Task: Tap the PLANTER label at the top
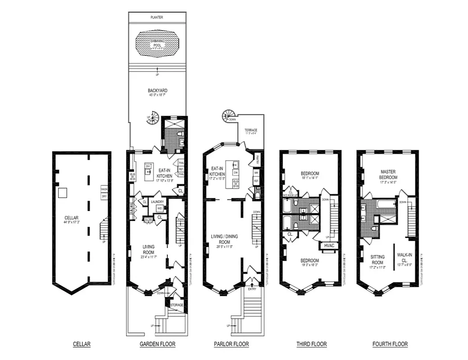tap(157, 17)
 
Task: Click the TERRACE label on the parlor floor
tap(251, 130)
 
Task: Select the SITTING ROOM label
tap(377, 259)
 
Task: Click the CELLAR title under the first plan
tap(82, 344)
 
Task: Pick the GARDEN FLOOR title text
tap(157, 344)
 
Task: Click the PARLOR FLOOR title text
tap(231, 344)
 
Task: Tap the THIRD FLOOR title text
tap(311, 344)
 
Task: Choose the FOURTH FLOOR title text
tap(390, 344)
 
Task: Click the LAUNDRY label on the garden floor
tap(157, 202)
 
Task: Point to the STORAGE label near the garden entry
tap(176, 305)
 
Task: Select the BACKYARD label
tap(157, 90)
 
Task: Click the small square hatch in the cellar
tap(63, 193)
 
